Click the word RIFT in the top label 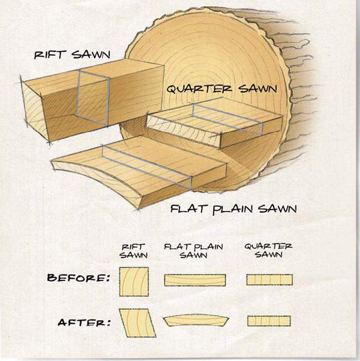coord(49,54)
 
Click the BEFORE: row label coord(78,278)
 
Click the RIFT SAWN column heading coord(134,251)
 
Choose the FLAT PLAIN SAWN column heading coord(193,251)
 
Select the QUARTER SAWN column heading coord(269,250)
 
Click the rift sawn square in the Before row coord(134,281)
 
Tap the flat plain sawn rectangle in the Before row coord(195,280)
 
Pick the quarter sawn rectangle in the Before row coord(270,280)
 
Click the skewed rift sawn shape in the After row coord(138,323)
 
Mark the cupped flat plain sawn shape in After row coord(196,320)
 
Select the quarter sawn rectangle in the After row coord(269,321)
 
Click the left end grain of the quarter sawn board coord(183,131)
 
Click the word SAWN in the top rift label coord(90,54)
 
